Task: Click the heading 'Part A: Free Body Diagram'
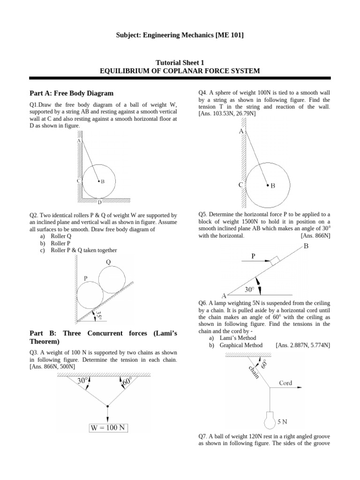pos(71,93)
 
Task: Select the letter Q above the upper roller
pos(108,262)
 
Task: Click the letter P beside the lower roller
pos(86,278)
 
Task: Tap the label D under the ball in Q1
pos(99,202)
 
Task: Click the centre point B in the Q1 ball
pos(99,181)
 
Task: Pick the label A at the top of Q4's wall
pos(241,132)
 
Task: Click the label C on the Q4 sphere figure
pos(240,185)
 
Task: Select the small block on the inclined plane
pos(275,260)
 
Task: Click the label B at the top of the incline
pos(306,246)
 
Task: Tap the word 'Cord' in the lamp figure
pos(285,383)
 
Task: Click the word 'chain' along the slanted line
pos(254,373)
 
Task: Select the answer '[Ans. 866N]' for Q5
pos(315,236)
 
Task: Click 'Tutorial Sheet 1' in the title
pos(180,62)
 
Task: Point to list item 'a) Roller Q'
pos(55,236)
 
